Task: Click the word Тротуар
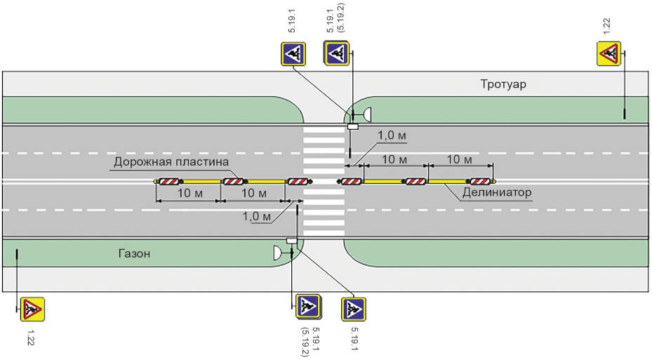coord(503,84)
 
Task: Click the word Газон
coord(134,253)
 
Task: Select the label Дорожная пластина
coord(171,161)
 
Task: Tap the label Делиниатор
coord(496,192)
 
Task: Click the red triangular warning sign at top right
coord(609,53)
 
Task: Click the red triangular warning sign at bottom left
coord(32,309)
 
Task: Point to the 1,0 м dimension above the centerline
coord(392,135)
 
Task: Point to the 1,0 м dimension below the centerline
coord(257,216)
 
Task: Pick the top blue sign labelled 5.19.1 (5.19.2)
coord(336,53)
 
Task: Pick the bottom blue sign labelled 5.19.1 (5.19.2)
coord(308,307)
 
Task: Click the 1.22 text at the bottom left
coord(30,338)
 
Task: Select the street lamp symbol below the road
coord(277,253)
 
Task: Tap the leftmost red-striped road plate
coord(169,181)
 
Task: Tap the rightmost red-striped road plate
coord(480,181)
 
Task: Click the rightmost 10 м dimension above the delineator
coord(459,159)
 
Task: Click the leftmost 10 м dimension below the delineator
coord(190,193)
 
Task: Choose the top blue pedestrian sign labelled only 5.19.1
coord(293,54)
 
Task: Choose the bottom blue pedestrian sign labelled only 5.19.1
coord(354,309)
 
